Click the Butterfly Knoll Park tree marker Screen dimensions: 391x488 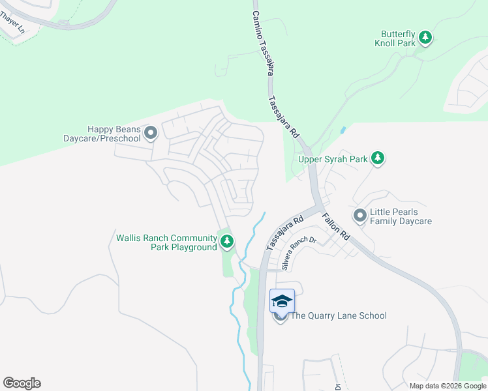click(425, 38)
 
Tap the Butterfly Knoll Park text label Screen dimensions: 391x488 click(399, 38)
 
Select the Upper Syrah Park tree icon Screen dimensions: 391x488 click(377, 158)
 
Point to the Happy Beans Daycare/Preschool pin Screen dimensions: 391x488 click(151, 134)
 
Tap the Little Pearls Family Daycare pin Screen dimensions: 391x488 click(359, 214)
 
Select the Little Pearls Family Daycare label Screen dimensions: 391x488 click(401, 217)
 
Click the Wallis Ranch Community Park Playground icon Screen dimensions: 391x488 click(227, 242)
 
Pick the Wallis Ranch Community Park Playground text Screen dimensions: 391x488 click(166, 242)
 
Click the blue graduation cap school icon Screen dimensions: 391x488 click(282, 301)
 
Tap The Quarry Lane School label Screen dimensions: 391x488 click(338, 316)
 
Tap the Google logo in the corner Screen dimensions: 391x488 click(22, 383)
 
